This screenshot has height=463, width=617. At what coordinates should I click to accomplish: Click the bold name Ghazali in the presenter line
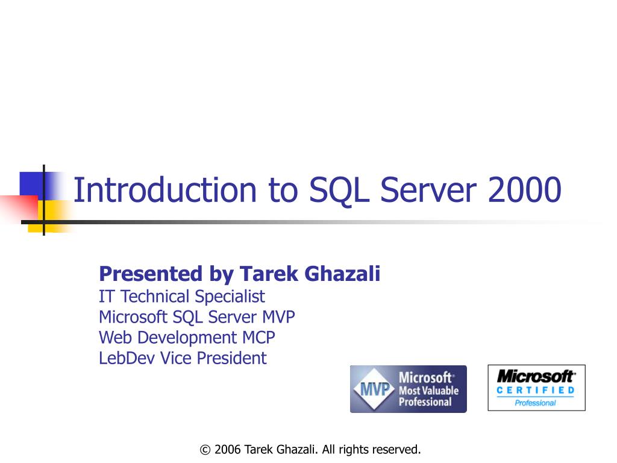pos(343,274)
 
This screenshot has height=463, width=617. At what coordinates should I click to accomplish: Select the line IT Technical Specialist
pos(181,297)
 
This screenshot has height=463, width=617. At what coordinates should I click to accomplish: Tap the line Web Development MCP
pos(187,338)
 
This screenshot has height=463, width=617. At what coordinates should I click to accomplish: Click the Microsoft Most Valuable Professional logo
pos(408,389)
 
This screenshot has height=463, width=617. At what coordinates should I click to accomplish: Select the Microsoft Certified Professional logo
pos(536,388)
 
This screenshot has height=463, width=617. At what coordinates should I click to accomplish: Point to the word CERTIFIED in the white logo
pos(536,391)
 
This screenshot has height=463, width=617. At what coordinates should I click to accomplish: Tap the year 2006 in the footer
pos(228,450)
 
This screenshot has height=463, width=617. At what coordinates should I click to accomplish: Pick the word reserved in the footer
pos(396,450)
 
